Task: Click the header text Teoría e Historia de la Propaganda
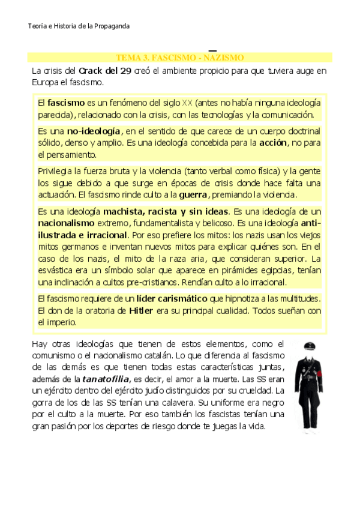79,26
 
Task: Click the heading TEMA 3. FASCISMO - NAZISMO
180,58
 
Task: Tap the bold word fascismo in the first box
66,103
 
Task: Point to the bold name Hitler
141,310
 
